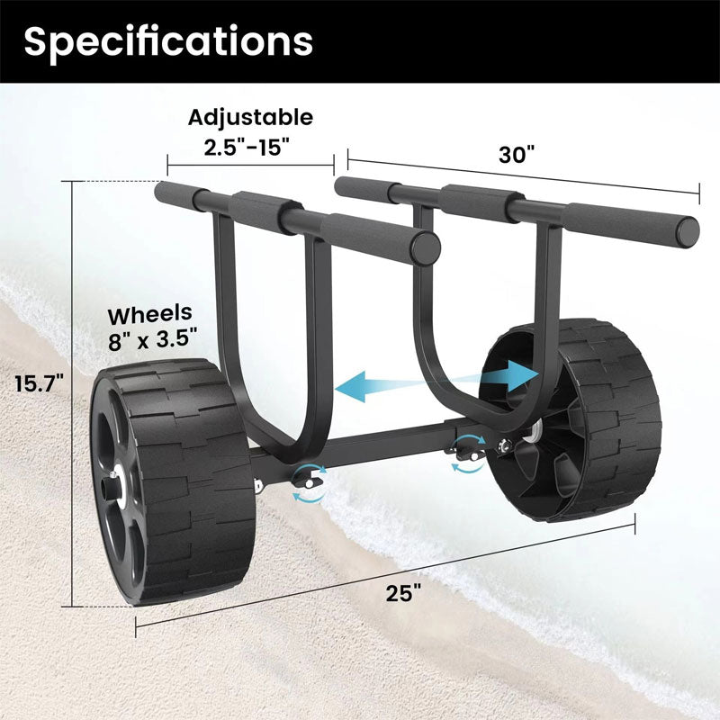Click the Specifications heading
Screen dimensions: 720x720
[x=168, y=40]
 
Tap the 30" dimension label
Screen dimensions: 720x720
[x=517, y=154]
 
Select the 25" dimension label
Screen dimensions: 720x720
[x=405, y=593]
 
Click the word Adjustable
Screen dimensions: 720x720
[x=250, y=117]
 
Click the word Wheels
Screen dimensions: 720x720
[x=150, y=314]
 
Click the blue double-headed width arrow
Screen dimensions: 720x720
[x=436, y=380]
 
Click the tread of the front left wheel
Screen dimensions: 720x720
[x=193, y=486]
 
